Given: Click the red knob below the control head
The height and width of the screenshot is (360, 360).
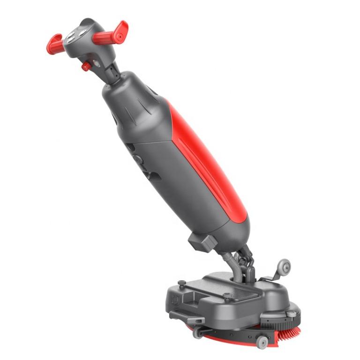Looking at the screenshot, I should click(87, 66).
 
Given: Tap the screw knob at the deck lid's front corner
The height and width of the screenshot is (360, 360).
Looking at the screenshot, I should click(227, 296).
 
